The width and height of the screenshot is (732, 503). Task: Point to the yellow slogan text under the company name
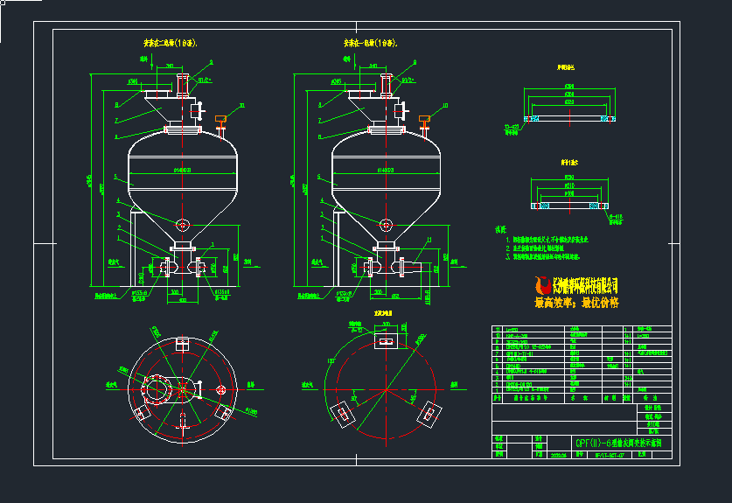pos(575,303)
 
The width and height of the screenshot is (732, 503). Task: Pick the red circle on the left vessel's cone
pos(182,225)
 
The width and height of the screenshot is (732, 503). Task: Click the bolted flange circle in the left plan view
pos(157,388)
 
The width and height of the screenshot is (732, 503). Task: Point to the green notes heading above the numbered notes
pos(501,230)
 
